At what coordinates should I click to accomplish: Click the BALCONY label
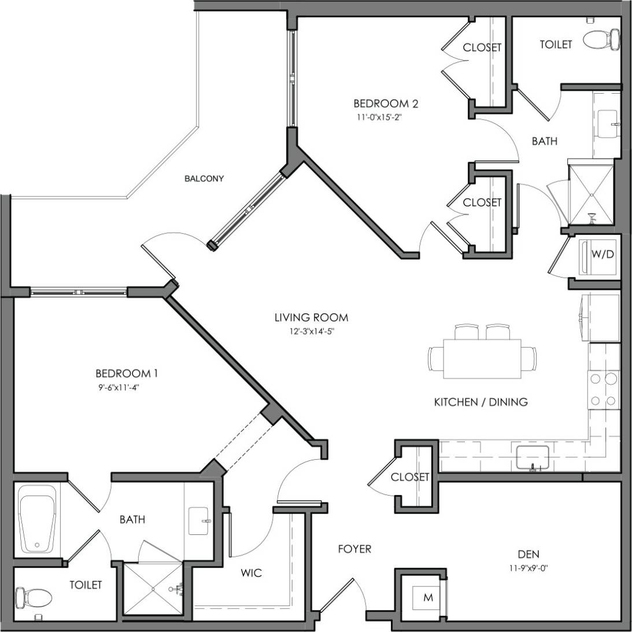click(204, 179)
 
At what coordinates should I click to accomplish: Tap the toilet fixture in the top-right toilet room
click(601, 40)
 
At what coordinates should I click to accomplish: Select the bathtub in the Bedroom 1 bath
click(39, 519)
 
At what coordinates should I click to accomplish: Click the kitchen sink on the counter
click(531, 457)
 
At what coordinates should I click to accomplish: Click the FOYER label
click(354, 549)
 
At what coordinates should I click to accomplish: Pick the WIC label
click(251, 573)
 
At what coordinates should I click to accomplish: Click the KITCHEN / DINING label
click(481, 402)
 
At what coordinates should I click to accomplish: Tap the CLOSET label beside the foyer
click(410, 477)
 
